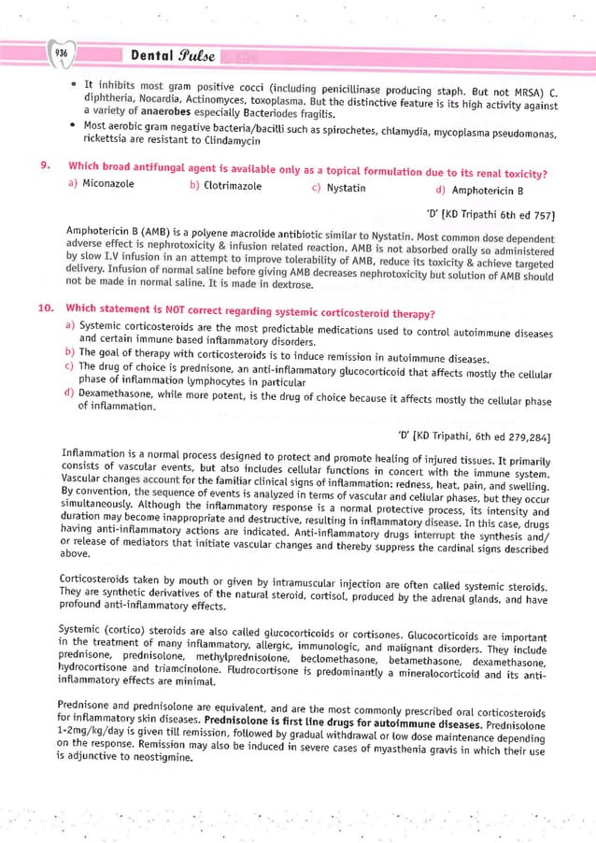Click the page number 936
[61, 52]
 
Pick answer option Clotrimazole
[231, 187]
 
